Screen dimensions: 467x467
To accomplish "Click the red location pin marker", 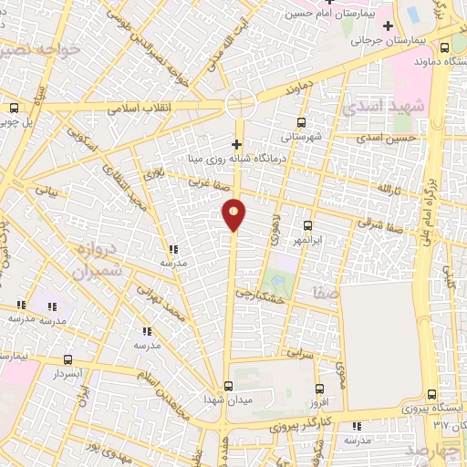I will pos(234,213).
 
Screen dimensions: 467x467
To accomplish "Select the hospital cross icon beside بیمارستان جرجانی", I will pos(388,25).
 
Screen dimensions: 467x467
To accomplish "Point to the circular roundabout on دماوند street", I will pos(240,103).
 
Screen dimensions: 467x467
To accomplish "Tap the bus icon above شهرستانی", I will pos(302,121).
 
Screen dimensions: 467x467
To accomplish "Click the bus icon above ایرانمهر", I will pos(307,224).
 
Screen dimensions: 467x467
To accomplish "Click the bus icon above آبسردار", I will pos(68,359).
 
